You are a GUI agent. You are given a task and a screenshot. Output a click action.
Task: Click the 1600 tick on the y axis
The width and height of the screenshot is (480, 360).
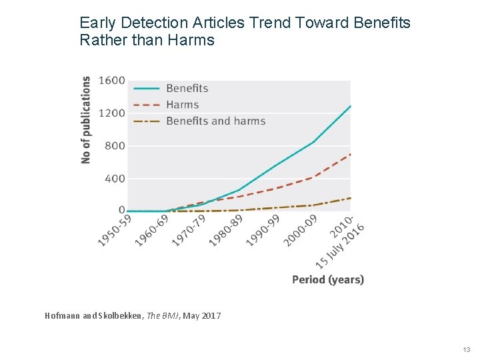click(111, 81)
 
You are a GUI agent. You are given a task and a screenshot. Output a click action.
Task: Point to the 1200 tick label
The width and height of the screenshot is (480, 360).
click(111, 113)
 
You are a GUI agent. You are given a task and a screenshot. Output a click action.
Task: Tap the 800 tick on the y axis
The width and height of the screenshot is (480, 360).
click(115, 146)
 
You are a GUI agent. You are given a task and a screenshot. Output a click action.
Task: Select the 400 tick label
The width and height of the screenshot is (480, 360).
click(115, 179)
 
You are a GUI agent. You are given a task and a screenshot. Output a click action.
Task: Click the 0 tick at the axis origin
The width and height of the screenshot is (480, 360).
click(121, 210)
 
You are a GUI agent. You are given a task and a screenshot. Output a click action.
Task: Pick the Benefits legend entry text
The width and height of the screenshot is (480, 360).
click(187, 88)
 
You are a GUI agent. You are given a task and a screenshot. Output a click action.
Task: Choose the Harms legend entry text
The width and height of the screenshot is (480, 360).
click(182, 105)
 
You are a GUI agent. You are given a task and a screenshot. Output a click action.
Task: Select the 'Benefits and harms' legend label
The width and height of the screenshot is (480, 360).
click(215, 121)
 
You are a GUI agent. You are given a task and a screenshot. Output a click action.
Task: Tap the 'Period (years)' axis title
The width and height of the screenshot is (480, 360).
click(328, 279)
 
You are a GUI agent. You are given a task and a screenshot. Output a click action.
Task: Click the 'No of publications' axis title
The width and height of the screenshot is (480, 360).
click(86, 120)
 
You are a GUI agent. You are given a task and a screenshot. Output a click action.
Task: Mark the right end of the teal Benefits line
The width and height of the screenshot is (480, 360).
click(350, 107)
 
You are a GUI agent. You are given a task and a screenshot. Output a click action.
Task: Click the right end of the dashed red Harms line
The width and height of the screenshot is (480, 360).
click(350, 155)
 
